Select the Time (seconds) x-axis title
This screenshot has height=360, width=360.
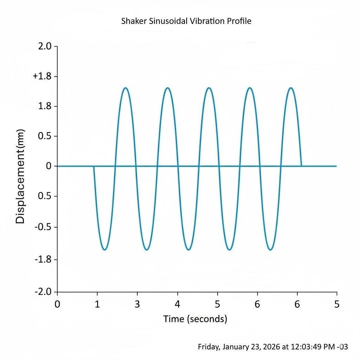click(195, 319)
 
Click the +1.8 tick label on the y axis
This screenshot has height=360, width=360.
click(40, 76)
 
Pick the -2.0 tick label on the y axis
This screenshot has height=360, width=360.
click(42, 292)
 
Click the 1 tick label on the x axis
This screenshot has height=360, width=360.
click(97, 304)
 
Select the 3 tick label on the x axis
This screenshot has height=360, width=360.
click(137, 304)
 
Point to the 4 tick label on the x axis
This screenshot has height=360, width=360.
click(178, 304)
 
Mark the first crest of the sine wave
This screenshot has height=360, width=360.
click(126, 88)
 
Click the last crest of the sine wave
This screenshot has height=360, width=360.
click(291, 88)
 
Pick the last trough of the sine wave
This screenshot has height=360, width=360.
click(270, 250)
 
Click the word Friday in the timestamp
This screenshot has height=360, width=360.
click(209, 347)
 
